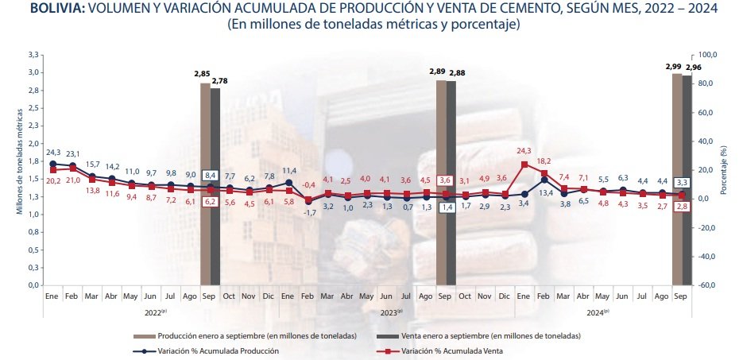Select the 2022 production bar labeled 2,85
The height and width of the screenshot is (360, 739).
click(x=205, y=183)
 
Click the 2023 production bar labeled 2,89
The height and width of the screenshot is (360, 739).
click(x=441, y=183)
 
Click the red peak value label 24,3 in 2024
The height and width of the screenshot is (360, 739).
click(x=524, y=150)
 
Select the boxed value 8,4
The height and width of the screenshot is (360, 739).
click(x=211, y=175)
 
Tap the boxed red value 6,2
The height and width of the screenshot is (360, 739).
click(x=211, y=203)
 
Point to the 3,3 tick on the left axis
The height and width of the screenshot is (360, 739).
click(x=33, y=55)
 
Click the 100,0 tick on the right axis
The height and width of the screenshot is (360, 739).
click(x=708, y=55)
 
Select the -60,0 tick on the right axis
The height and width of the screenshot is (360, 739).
click(x=708, y=285)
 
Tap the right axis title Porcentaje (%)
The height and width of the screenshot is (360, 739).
click(x=723, y=170)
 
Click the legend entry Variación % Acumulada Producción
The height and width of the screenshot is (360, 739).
click(x=219, y=350)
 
